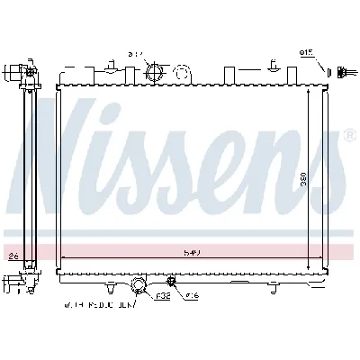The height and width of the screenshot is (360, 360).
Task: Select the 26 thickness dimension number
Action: coord(13,256)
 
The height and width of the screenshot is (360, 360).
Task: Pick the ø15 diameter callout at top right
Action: coord(306,53)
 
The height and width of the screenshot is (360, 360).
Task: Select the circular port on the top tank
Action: coord(155,71)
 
